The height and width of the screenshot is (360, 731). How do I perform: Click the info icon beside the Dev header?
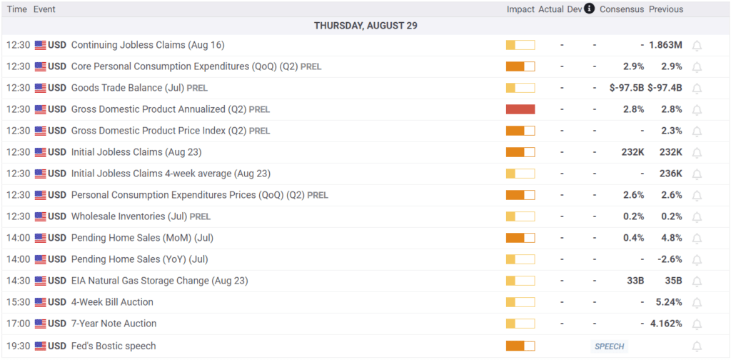[x=589, y=9]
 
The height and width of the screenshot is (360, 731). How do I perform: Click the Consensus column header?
[x=622, y=9]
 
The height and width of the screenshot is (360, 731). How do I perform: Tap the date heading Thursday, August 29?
[x=365, y=26]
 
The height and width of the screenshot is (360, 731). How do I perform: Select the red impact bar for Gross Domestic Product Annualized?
[x=520, y=109]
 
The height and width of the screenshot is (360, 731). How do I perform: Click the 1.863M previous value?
[x=665, y=45]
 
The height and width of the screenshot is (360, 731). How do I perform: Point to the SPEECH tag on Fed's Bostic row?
[x=609, y=346]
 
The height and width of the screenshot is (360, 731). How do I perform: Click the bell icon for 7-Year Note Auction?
[x=697, y=324]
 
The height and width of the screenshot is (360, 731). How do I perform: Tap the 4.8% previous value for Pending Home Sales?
[x=672, y=238]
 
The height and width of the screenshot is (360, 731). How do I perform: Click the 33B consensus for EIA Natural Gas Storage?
[x=635, y=281]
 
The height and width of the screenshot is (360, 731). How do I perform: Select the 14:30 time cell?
[x=17, y=281]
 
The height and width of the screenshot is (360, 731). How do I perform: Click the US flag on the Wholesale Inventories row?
[x=40, y=216]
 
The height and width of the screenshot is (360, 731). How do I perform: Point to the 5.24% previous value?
[x=668, y=302]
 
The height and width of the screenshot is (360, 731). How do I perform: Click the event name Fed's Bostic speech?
[x=113, y=346]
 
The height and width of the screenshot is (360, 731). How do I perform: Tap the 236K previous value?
[x=670, y=174]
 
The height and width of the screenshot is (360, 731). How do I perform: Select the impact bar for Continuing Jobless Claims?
[x=520, y=45]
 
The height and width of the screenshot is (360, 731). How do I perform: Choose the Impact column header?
[x=520, y=9]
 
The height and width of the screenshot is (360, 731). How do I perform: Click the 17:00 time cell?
[x=17, y=324]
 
